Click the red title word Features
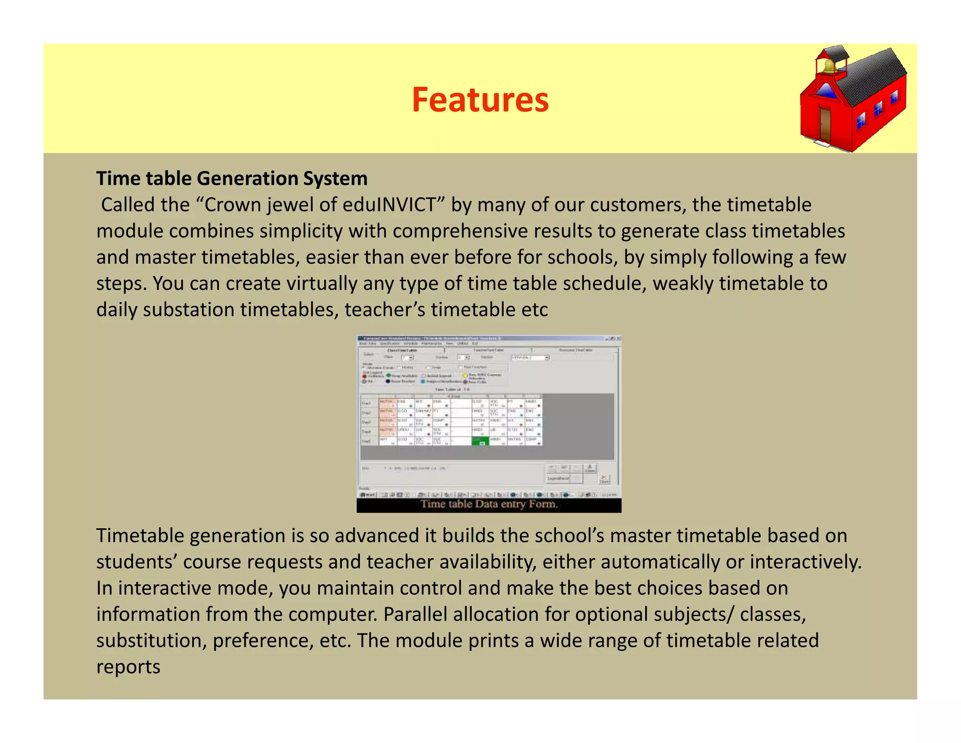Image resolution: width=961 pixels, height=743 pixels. pyautogui.click(x=480, y=100)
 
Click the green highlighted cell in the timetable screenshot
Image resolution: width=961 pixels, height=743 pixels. pyautogui.click(x=480, y=441)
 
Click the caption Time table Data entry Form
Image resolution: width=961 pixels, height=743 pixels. pyautogui.click(x=489, y=504)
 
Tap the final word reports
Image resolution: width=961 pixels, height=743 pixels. pyautogui.click(x=128, y=667)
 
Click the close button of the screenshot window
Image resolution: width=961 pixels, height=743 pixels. pyautogui.click(x=618, y=338)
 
